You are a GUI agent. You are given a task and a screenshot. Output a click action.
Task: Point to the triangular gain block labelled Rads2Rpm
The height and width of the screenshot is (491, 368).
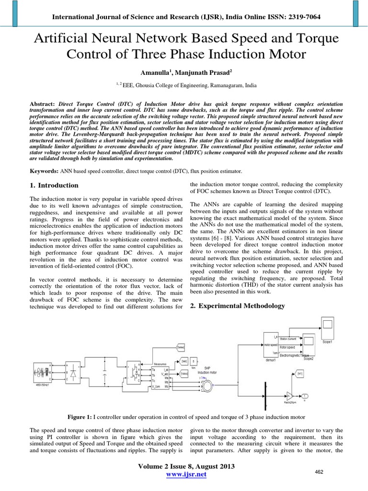(289, 396)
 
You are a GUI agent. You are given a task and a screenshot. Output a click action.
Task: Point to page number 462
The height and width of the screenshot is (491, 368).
(319, 472)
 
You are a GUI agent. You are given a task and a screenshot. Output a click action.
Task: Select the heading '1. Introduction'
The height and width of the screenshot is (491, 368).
(54, 185)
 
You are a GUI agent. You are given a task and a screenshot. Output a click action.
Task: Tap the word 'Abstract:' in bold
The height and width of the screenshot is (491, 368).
(43, 104)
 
